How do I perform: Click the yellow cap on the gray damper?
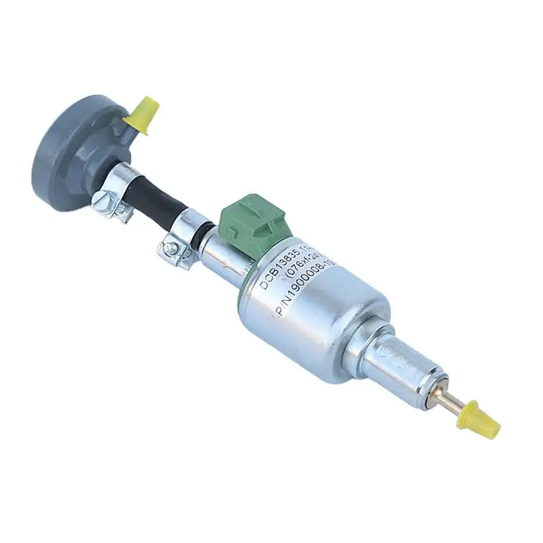point(144,112)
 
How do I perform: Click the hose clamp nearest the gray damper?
point(119,187)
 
